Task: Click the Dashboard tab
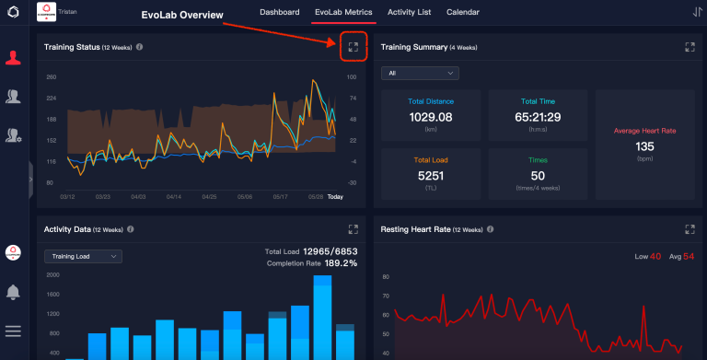279,13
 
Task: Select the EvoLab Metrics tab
344,13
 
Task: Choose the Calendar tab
462,13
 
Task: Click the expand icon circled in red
353,46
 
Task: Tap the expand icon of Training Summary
690,46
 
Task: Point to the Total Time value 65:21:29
539,117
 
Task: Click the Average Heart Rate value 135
644,145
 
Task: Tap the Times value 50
539,175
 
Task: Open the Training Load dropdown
83,257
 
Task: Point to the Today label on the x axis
335,196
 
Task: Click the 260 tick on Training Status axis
52,77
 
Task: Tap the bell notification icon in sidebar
13,292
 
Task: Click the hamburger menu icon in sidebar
13,331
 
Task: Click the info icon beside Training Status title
139,46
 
